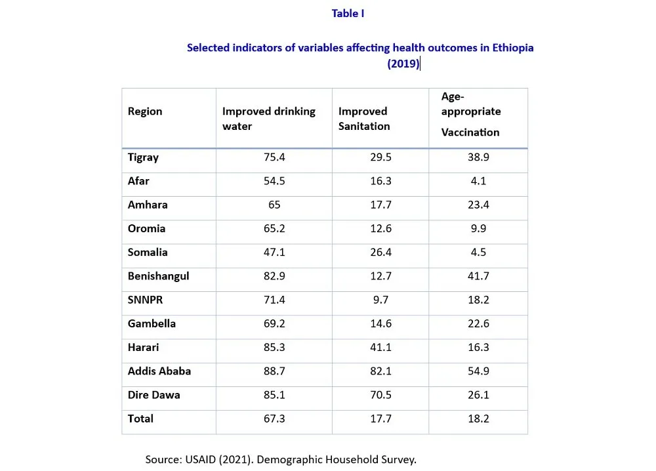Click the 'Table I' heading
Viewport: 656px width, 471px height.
(348, 14)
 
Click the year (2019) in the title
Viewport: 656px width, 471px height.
(403, 64)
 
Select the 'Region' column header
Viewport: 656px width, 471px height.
(145, 111)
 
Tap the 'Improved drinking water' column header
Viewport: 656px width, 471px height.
(268, 118)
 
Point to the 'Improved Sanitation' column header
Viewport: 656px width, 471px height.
(364, 118)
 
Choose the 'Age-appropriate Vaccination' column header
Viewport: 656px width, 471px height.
(470, 114)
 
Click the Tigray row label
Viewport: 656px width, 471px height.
(143, 157)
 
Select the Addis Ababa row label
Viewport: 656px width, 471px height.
(159, 371)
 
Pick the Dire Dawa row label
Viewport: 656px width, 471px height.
(154, 395)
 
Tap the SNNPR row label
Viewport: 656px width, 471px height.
(144, 300)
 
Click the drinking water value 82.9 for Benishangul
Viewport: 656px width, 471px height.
(274, 276)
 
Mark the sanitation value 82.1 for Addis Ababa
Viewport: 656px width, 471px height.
(380, 371)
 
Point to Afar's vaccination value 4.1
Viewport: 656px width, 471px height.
(478, 181)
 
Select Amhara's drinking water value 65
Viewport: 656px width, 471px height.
(274, 205)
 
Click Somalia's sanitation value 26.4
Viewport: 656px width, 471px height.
(380, 253)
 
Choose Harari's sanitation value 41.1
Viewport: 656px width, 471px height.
(380, 348)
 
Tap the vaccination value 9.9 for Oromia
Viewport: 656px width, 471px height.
(478, 229)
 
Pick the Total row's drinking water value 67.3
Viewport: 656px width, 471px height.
(274, 419)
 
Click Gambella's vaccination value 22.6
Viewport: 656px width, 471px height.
(478, 323)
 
